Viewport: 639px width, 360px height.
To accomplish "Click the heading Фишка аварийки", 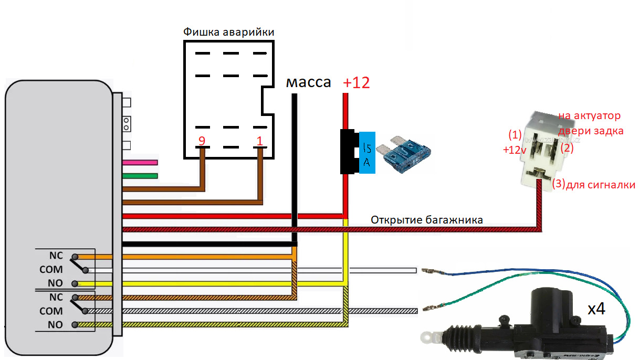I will [x=228, y=32].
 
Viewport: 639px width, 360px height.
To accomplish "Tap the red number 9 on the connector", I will [x=201, y=141].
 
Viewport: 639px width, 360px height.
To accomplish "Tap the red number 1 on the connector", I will [x=259, y=141].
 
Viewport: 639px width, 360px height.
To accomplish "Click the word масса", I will [x=308, y=82].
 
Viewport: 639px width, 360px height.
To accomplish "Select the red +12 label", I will [x=357, y=82].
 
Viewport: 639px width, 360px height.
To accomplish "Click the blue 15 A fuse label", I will [x=366, y=153].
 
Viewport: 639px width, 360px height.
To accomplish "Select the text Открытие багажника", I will [x=426, y=220].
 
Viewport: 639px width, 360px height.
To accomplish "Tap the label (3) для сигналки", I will [x=593, y=185].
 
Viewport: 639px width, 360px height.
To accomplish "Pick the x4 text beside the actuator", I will [x=596, y=309].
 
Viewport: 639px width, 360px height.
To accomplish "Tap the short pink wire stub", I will [x=140, y=163].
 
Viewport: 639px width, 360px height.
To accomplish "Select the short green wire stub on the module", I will [x=140, y=176].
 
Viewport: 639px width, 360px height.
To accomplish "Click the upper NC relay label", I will [x=56, y=256].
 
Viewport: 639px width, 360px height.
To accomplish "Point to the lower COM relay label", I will [x=51, y=311].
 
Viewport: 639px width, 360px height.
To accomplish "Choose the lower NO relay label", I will [x=56, y=325].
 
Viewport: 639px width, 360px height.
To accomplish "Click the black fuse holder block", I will [x=348, y=152].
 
